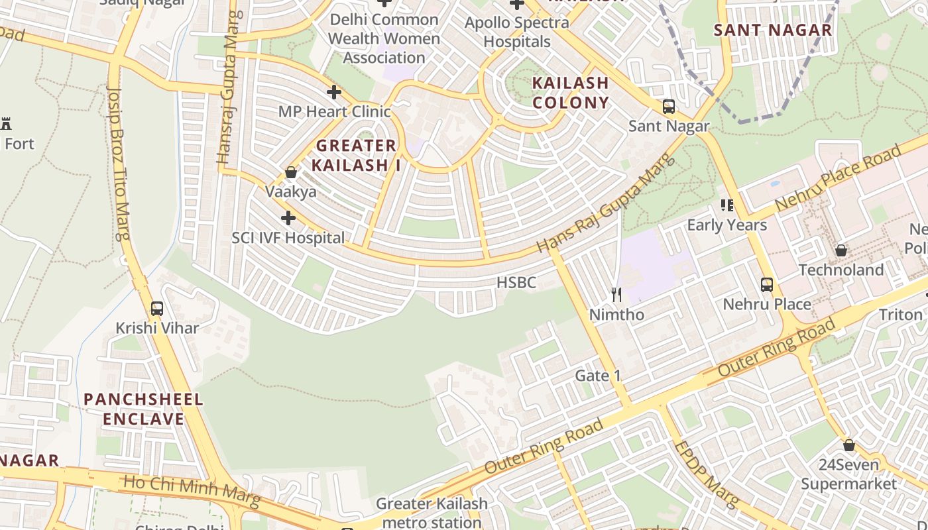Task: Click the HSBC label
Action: (516, 283)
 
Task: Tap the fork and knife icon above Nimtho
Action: (616, 295)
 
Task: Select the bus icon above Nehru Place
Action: (767, 285)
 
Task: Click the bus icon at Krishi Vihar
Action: (157, 309)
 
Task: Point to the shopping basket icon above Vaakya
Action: (291, 173)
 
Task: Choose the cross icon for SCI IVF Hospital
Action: (288, 218)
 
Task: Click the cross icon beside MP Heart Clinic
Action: (333, 92)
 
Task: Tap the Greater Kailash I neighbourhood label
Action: (356, 155)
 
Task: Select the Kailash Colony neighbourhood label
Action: (570, 93)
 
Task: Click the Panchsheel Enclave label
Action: (143, 409)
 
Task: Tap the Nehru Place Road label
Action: (839, 177)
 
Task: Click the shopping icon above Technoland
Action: (841, 251)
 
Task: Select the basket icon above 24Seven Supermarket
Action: (848, 445)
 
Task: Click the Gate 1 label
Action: (598, 376)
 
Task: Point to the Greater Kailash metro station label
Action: (432, 513)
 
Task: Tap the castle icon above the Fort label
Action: (7, 123)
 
